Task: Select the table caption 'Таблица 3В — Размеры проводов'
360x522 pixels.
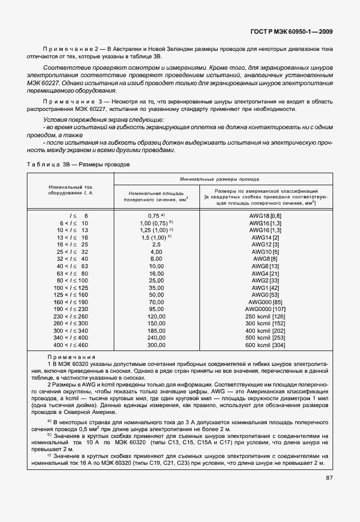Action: (78, 164)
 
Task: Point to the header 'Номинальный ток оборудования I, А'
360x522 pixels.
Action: (71, 189)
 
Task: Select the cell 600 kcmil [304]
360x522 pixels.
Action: (265, 345)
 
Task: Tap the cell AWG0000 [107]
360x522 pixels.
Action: (265, 308)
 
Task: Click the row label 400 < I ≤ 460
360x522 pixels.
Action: (71, 345)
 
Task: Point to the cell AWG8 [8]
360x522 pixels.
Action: (265, 259)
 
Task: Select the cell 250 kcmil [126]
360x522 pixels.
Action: (265, 316)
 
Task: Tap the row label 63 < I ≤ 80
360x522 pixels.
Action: (71, 273)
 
